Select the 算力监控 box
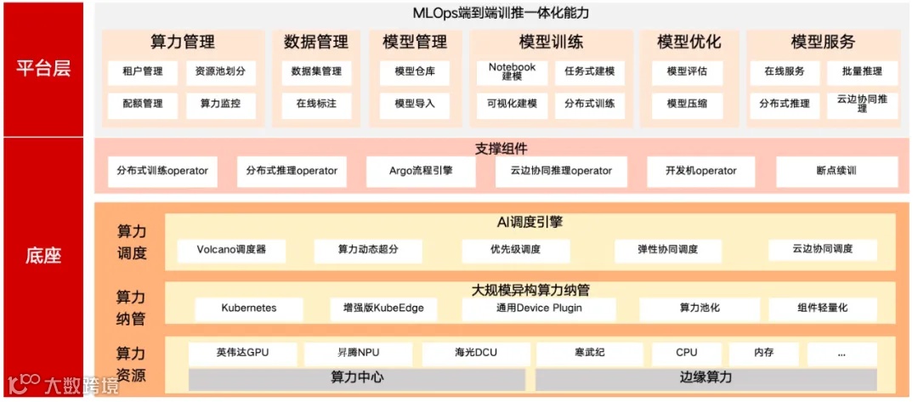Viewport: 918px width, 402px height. (x=220, y=104)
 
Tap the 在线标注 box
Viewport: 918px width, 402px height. (x=316, y=104)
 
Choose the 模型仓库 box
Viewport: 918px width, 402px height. (x=415, y=72)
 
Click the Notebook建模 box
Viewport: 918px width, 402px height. (x=512, y=72)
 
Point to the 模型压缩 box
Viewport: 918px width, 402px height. (x=687, y=104)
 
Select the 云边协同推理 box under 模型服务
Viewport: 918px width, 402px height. (x=862, y=104)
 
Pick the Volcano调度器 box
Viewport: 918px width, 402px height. (x=231, y=250)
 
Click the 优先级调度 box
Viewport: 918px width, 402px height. (x=515, y=250)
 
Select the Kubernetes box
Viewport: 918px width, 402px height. (x=249, y=308)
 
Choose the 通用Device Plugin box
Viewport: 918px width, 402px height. (x=539, y=308)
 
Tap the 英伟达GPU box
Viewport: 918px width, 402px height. (x=242, y=353)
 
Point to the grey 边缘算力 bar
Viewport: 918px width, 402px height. (x=705, y=377)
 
